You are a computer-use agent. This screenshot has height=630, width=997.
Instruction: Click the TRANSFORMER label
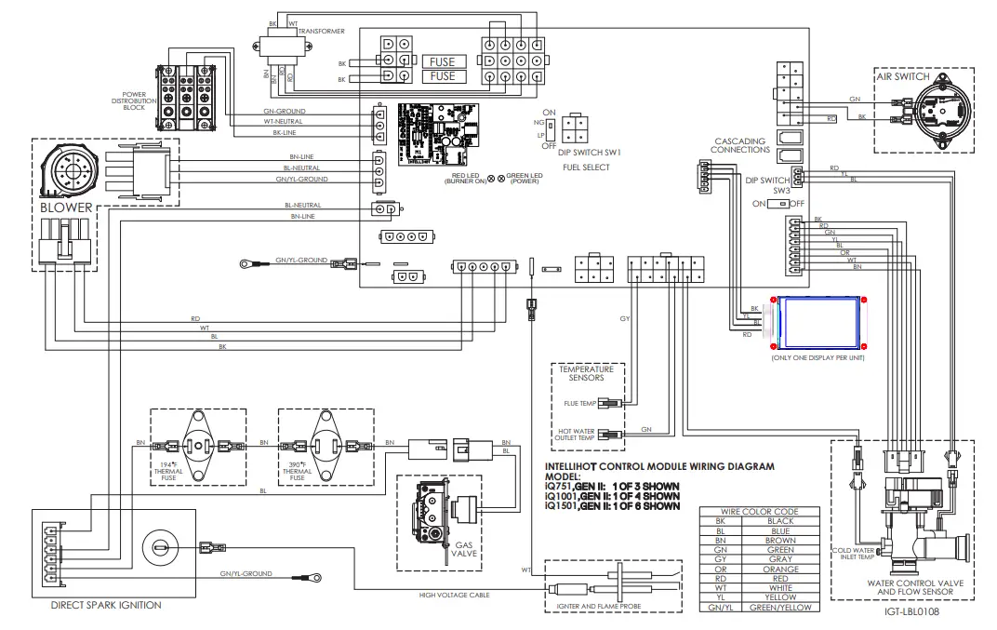(x=321, y=31)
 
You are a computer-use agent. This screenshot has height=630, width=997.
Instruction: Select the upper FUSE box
(x=443, y=62)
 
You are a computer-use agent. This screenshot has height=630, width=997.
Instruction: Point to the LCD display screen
(x=818, y=323)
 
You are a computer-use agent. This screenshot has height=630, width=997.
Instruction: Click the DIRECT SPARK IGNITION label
(x=106, y=605)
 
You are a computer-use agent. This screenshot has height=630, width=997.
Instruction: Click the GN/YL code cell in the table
(x=721, y=607)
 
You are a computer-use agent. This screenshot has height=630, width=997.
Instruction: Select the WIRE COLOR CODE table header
(x=759, y=512)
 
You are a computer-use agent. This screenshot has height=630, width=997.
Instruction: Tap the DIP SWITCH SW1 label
(x=590, y=151)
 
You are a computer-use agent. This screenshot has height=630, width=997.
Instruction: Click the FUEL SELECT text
(x=586, y=168)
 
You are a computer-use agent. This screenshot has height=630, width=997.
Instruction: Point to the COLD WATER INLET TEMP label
(x=855, y=554)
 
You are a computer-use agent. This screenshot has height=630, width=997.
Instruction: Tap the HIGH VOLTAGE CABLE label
(x=455, y=594)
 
